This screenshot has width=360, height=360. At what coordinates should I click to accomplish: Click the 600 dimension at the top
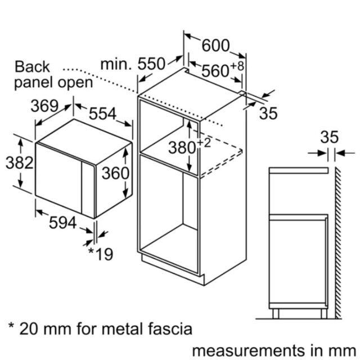point(215,46)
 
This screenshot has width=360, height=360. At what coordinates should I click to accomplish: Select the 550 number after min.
point(151,64)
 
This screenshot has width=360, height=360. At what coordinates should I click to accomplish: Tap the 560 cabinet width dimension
point(215,71)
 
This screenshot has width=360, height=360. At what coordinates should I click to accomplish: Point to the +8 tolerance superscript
point(237,66)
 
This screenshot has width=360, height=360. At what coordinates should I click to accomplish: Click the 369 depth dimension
point(44,106)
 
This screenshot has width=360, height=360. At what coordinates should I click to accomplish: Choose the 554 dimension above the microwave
point(102,114)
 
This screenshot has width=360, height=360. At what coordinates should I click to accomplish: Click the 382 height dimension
point(20,163)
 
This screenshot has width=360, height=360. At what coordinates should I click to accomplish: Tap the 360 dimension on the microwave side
point(115,173)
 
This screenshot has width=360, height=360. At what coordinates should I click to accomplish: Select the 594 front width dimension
point(62,223)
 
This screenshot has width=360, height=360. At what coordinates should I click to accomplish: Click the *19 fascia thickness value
point(101,254)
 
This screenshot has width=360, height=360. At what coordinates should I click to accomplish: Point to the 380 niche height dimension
point(182,147)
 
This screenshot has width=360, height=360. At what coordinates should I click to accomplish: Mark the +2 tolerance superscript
point(204,143)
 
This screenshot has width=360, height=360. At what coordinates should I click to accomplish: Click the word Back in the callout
point(32,67)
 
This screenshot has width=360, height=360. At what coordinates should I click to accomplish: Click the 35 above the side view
point(330,137)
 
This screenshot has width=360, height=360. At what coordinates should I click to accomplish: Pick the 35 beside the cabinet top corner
point(268,113)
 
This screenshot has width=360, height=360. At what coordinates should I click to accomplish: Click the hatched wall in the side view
point(337,243)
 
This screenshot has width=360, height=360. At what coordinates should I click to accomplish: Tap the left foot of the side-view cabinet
point(276,314)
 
